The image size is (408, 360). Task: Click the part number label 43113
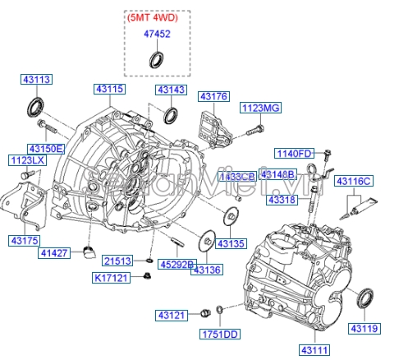click(36, 80)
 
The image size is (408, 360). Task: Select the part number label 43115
click(108, 88)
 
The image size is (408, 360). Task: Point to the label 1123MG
click(260, 108)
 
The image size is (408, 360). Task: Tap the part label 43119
click(365, 328)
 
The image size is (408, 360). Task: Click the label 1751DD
click(220, 335)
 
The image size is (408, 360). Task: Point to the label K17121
click(112, 279)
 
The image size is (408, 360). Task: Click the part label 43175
click(25, 240)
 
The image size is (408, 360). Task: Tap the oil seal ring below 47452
click(154, 59)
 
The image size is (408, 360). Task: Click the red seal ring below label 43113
click(35, 106)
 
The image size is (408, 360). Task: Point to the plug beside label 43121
click(205, 313)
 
